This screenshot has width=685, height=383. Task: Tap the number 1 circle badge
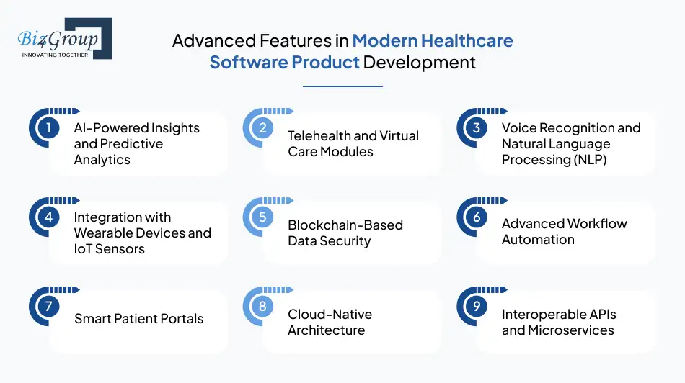pyautogui.click(x=48, y=128)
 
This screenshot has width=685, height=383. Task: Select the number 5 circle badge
pyautogui.click(x=262, y=217)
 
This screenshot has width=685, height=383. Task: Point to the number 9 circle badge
pyautogui.click(x=477, y=307)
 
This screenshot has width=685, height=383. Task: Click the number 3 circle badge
pyautogui.click(x=477, y=128)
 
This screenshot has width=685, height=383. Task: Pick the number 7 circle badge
pyautogui.click(x=48, y=307)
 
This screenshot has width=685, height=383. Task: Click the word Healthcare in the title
pyautogui.click(x=468, y=40)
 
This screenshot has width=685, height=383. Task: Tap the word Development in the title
pyautogui.click(x=419, y=62)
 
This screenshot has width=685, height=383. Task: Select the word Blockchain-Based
pyautogui.click(x=345, y=225)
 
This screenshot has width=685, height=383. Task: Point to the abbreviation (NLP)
pyautogui.click(x=583, y=160)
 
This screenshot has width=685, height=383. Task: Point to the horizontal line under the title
pyautogui.click(x=342, y=86)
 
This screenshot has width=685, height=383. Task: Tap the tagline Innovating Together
pyautogui.click(x=56, y=55)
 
